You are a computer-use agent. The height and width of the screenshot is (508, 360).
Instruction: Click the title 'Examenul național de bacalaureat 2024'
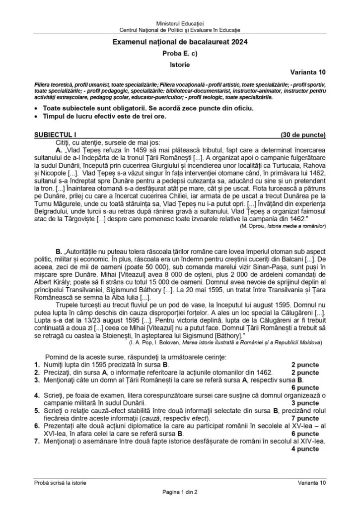(180, 43)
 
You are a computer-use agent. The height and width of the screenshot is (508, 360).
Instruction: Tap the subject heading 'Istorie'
(180, 64)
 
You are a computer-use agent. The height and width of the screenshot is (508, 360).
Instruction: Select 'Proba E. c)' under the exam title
(180, 54)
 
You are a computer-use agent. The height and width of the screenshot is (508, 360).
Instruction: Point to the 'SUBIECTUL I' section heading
(55, 134)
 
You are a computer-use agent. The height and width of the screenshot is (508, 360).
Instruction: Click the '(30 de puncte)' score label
(303, 134)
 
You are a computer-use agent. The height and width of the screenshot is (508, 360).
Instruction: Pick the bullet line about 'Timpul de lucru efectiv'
(104, 117)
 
